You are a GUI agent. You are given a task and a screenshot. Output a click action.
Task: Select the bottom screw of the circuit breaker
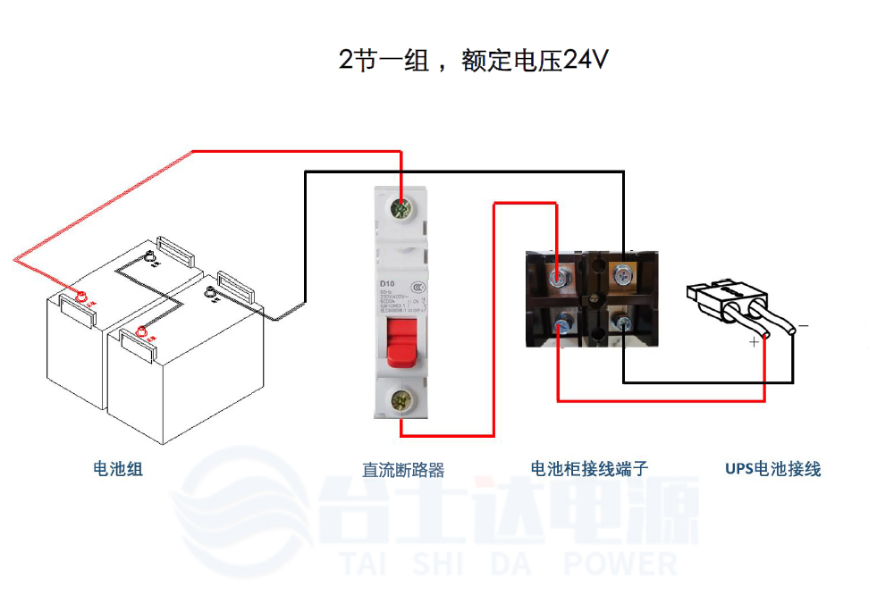[401, 400]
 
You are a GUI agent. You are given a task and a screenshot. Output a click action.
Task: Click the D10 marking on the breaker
[387, 284]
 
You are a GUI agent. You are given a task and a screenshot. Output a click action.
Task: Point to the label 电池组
[118, 468]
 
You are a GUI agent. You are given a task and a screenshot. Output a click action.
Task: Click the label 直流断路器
[402, 469]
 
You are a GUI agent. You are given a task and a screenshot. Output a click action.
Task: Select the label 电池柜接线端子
[589, 468]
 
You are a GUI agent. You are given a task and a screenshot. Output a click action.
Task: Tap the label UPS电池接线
[772, 468]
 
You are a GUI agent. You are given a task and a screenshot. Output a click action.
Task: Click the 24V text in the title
[586, 61]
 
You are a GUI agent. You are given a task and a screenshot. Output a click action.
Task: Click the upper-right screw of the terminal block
[622, 276]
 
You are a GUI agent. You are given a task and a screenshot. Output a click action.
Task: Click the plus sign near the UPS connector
[755, 340]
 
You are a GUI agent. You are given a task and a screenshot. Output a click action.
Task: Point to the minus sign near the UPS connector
[803, 326]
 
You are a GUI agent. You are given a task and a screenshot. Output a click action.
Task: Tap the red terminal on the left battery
[80, 297]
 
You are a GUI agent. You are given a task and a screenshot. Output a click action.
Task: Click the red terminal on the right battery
[140, 333]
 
